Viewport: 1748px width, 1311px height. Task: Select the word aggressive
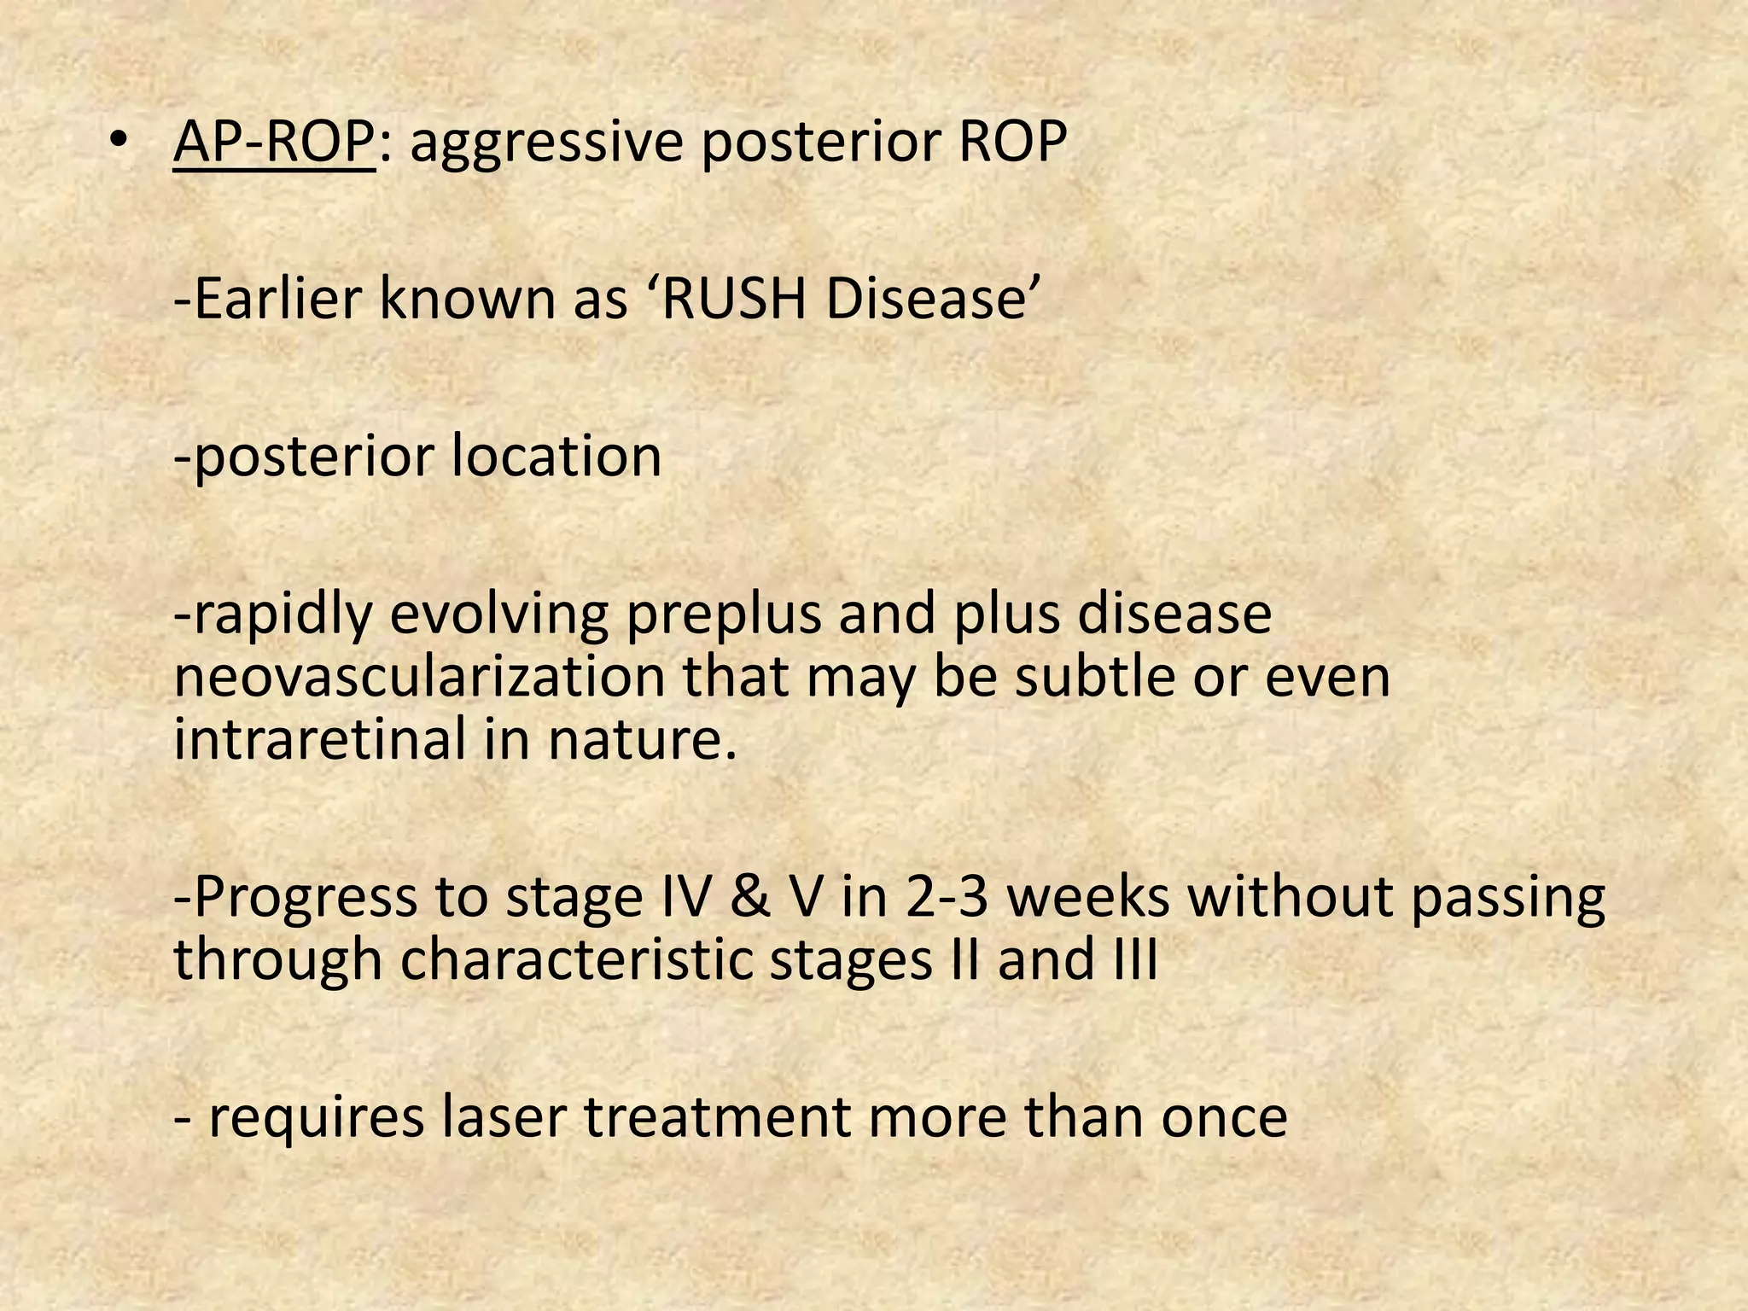click(x=546, y=143)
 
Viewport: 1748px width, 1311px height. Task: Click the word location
click(x=556, y=456)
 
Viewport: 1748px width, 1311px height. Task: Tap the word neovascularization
click(x=419, y=678)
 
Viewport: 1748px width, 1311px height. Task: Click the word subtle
click(x=1113, y=678)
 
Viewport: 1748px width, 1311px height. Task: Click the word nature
click(x=641, y=741)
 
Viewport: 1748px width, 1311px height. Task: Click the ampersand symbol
click(x=749, y=897)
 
